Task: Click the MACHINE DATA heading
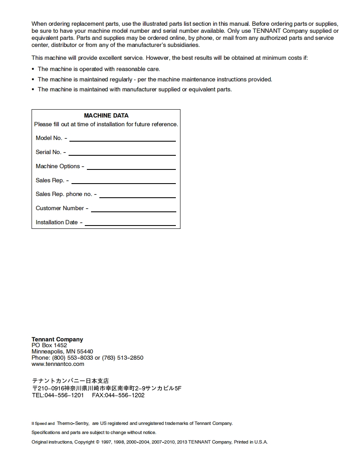106,115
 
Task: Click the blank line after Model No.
122,141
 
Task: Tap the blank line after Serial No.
122,155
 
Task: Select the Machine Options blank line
131,169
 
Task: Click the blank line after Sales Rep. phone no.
137,197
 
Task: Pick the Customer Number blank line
133,211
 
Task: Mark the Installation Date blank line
130,226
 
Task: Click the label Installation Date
57,222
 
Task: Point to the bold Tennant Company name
57,339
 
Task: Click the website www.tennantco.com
58,364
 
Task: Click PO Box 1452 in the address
49,345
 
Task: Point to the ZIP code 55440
85,351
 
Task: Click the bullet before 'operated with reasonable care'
33,69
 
